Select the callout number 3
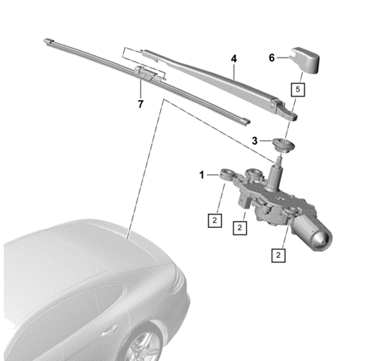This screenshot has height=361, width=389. point(254,140)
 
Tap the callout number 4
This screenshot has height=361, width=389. point(234,58)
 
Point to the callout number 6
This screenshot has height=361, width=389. point(273,57)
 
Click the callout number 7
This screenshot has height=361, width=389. point(139,104)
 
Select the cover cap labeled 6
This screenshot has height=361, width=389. point(306,59)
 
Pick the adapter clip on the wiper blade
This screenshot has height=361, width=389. point(147,72)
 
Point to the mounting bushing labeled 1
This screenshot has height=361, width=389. point(224,176)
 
